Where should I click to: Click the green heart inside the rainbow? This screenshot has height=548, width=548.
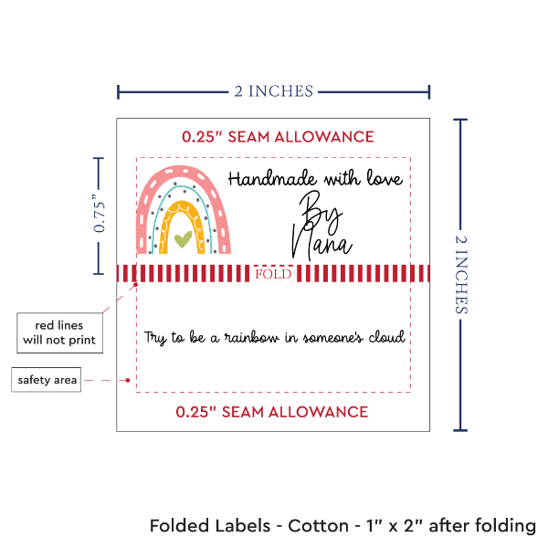click(x=183, y=239)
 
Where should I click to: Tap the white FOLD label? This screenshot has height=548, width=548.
click(x=274, y=274)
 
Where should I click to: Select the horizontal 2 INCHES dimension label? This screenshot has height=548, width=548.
click(x=273, y=90)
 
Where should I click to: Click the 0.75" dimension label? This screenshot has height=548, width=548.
click(x=100, y=215)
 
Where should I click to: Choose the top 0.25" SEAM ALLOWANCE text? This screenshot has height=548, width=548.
click(x=277, y=137)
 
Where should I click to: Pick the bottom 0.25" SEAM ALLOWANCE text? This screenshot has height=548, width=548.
click(x=272, y=412)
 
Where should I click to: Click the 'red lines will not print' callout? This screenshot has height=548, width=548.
click(x=58, y=333)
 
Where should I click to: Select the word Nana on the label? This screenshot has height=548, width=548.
click(x=321, y=243)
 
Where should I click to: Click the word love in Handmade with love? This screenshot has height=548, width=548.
click(x=383, y=180)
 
